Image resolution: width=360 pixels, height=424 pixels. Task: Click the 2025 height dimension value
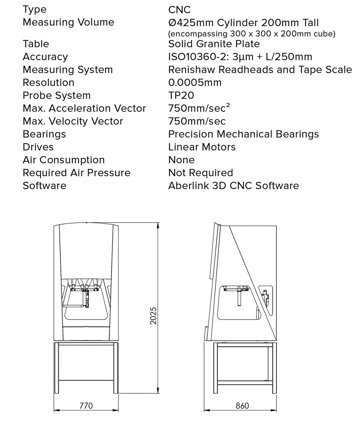pos(153,316)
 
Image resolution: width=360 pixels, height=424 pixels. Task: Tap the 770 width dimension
pos(86,406)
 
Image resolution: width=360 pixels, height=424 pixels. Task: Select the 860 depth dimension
pos(242,406)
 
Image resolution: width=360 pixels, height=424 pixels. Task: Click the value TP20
pos(181,95)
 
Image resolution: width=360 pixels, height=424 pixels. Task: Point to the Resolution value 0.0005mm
pos(195,82)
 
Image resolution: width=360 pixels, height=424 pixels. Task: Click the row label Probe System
pos(57,96)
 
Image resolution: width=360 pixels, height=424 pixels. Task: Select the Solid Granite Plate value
pos(214,44)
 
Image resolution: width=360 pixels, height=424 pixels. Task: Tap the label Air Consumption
pos(64,160)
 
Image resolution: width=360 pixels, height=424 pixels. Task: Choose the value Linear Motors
pos(202,147)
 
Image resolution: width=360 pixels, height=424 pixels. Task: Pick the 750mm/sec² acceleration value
pos(199,108)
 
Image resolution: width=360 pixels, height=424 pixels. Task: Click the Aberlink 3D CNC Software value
pos(234,186)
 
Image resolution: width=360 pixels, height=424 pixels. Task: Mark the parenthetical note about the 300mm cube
pos(252,34)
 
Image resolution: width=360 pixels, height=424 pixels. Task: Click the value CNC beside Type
pos(179,10)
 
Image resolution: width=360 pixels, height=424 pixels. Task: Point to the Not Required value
pos(201,173)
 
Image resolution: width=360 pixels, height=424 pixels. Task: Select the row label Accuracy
pos(45,57)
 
